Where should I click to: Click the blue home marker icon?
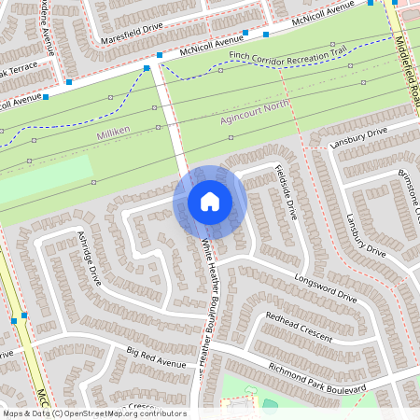[x=210, y=201]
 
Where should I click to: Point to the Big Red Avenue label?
[x=157, y=356]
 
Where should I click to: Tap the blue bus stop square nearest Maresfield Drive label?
[x=159, y=56]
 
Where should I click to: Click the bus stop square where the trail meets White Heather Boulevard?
[x=147, y=68]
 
